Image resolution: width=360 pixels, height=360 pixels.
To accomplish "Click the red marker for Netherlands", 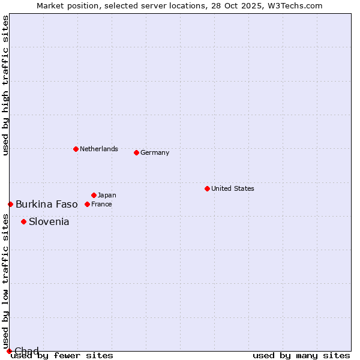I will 76,149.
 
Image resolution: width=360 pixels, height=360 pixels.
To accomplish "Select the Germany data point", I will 136,152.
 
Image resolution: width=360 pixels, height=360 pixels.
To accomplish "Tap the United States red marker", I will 207,188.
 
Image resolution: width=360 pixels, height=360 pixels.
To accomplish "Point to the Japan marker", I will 94,195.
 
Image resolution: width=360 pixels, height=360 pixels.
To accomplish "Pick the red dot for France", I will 87,204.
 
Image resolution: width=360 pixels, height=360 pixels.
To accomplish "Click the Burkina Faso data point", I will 10,204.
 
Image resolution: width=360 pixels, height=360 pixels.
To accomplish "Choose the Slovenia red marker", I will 23,221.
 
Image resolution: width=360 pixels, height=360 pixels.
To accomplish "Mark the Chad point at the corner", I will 9,351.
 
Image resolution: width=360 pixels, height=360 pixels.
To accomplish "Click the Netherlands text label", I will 99,149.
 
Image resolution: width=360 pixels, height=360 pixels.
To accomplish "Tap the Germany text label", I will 155,152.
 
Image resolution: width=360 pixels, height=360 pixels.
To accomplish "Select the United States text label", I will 233,188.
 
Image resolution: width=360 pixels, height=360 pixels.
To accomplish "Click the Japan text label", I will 107,195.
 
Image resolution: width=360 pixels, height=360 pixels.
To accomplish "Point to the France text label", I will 101,204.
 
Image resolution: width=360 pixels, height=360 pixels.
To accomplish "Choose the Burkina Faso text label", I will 47,204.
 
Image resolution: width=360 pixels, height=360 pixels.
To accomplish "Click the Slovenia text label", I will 49,221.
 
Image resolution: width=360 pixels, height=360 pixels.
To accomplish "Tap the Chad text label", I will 26,351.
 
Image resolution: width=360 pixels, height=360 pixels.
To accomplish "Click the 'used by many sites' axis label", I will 301,356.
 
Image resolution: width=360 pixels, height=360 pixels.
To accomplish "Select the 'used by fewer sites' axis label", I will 62,356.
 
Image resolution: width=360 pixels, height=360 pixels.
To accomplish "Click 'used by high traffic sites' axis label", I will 5,85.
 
